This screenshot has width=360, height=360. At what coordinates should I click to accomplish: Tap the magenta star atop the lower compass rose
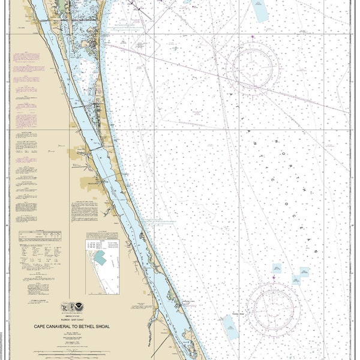273,277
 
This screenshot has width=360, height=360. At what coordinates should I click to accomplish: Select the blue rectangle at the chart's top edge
260,11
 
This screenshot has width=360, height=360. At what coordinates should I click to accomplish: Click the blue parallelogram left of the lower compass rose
230,328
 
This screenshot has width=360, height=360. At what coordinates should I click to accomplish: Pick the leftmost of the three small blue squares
277,268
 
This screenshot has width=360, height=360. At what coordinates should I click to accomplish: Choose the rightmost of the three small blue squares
304,272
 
